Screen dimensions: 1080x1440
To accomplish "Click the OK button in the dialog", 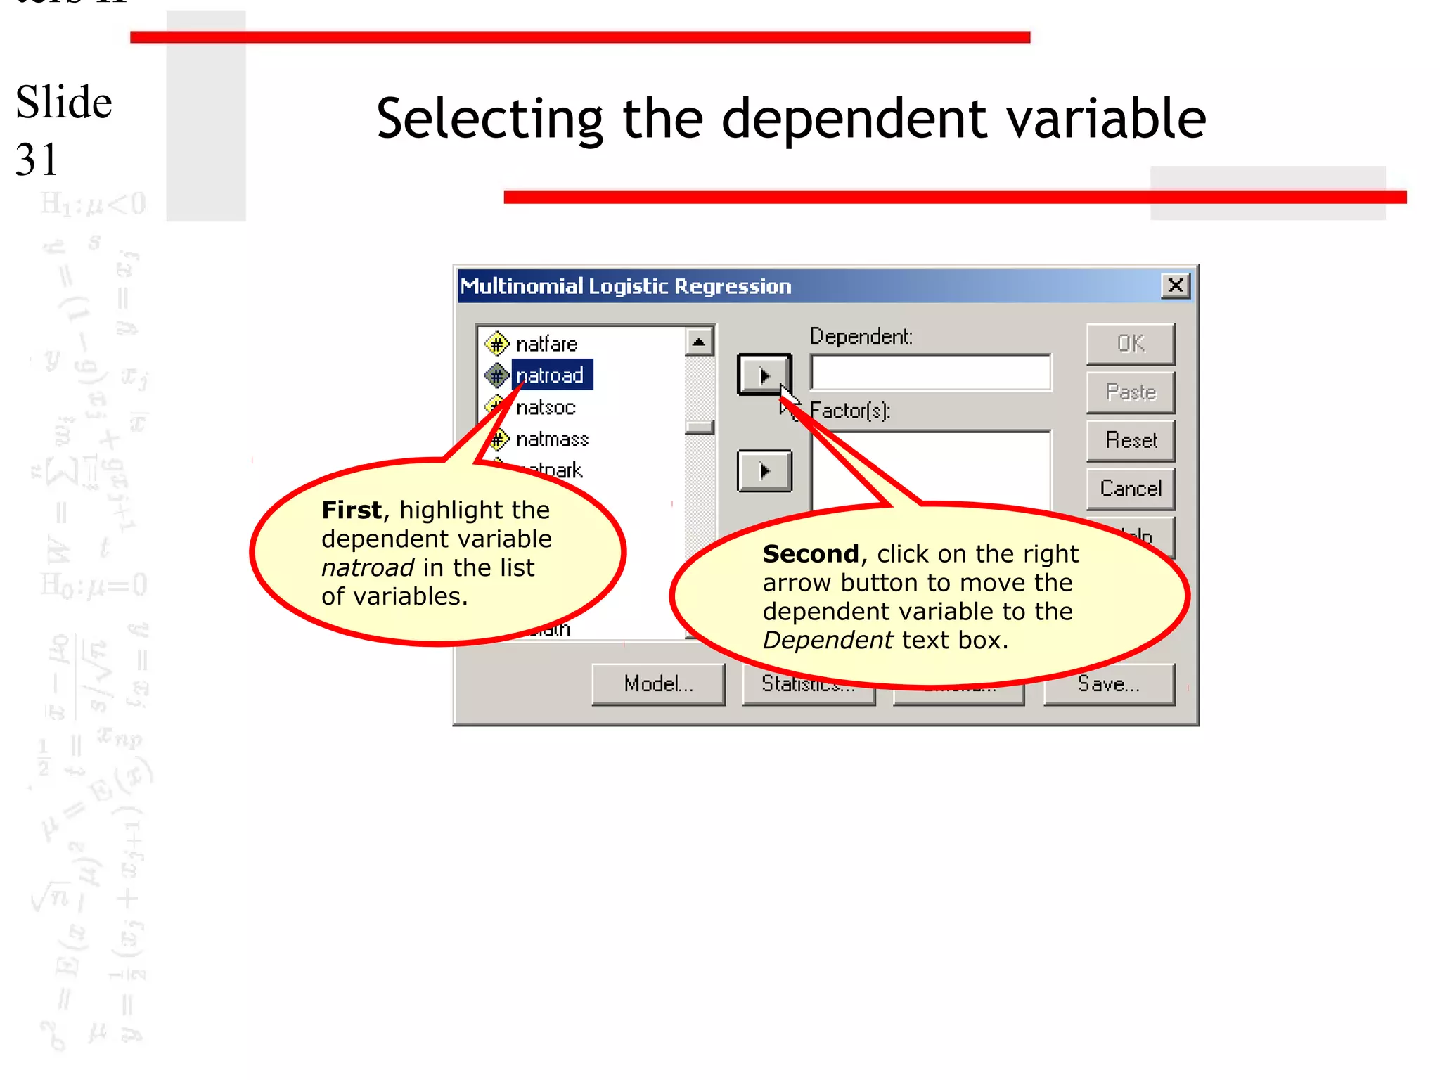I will point(1130,344).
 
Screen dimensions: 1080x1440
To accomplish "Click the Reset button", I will point(1130,441).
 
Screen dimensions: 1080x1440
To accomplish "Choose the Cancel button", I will point(1130,489).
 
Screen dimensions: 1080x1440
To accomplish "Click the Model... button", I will point(658,683).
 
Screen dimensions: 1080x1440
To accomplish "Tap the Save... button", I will point(1109,683).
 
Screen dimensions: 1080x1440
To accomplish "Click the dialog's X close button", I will point(1175,286).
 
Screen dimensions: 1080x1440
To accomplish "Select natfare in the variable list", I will point(546,344).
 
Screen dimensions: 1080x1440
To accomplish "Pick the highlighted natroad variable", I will point(549,375).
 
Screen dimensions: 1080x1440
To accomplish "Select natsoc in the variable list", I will point(546,407).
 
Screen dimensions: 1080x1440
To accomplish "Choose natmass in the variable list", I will point(552,439).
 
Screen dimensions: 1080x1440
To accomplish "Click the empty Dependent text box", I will point(930,373).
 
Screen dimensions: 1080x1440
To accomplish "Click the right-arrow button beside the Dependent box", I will point(764,375).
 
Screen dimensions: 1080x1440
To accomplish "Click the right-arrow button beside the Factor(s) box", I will point(764,470).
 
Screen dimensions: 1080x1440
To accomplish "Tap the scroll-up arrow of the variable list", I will point(698,343).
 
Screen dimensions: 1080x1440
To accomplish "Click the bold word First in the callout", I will point(352,510).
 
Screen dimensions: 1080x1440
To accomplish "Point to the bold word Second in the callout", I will point(810,554).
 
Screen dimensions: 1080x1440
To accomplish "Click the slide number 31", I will point(36,160).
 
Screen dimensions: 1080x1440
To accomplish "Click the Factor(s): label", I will point(850,411).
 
